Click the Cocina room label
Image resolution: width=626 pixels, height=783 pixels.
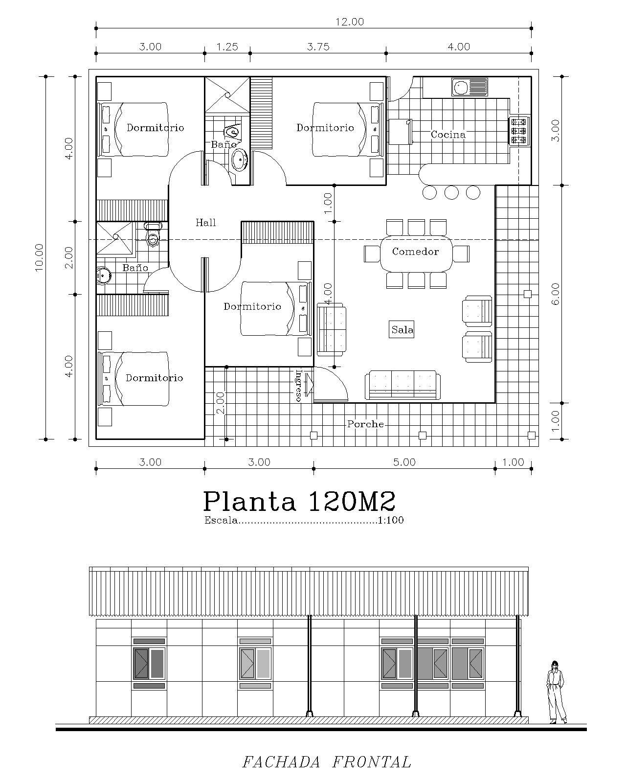click(448, 135)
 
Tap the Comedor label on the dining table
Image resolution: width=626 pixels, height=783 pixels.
click(415, 252)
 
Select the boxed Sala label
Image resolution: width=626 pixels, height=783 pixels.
click(402, 330)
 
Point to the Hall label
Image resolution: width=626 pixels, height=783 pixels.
click(205, 222)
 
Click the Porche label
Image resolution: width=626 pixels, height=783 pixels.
click(365, 424)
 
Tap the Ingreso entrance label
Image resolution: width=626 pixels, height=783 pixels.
click(299, 385)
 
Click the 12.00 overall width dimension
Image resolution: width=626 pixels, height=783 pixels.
click(349, 22)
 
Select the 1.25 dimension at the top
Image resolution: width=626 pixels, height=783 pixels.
click(227, 47)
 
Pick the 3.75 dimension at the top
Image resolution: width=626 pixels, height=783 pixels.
click(318, 47)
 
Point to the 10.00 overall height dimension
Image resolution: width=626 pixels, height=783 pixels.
click(39, 257)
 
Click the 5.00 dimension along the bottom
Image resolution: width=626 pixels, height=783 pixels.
click(404, 462)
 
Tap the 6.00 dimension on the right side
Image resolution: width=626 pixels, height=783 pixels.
click(556, 294)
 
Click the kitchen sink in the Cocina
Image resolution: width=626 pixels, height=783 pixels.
click(469, 87)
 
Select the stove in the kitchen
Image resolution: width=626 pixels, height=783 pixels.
click(519, 131)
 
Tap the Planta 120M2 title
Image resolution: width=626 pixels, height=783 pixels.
click(299, 501)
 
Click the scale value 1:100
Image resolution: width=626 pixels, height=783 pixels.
click(391, 520)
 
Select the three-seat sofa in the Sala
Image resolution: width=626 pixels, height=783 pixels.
click(402, 385)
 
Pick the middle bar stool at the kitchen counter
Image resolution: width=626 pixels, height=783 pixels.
click(451, 192)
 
